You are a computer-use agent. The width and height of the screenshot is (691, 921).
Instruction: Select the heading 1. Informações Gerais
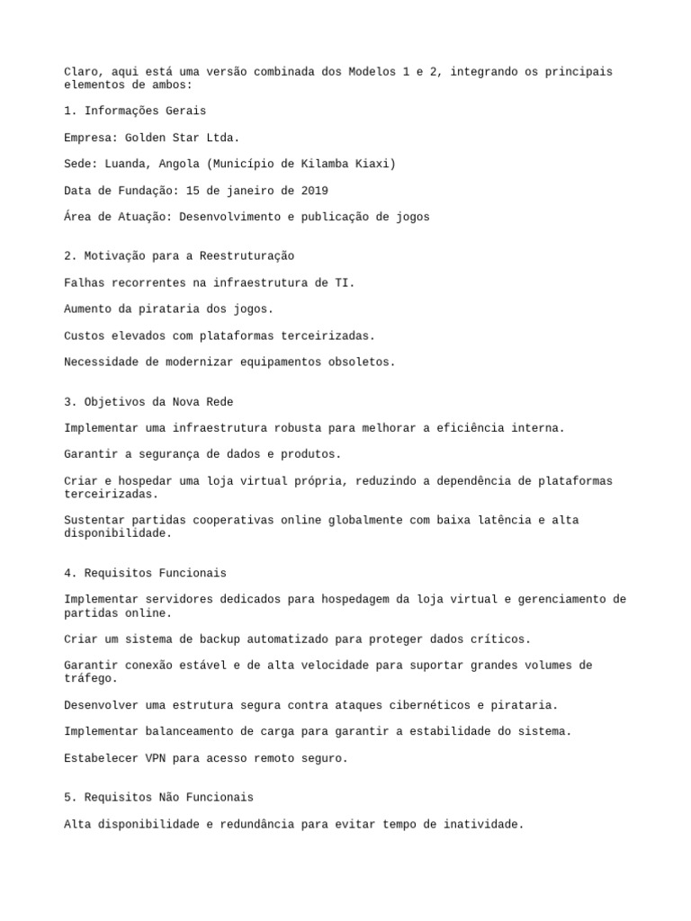pyautogui.click(x=135, y=111)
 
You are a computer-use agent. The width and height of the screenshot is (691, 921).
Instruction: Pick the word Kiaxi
pyautogui.click(x=375, y=164)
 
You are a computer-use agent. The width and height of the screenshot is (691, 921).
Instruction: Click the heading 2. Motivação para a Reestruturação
pyautogui.click(x=179, y=256)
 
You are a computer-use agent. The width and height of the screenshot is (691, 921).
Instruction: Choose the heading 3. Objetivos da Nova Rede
pyautogui.click(x=148, y=402)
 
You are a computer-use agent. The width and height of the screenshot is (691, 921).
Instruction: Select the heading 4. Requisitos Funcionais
pyautogui.click(x=145, y=573)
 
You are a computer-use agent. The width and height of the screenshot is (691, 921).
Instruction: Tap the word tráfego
pyautogui.click(x=91, y=679)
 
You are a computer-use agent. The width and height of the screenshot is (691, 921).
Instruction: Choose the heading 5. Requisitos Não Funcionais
pyautogui.click(x=158, y=798)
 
